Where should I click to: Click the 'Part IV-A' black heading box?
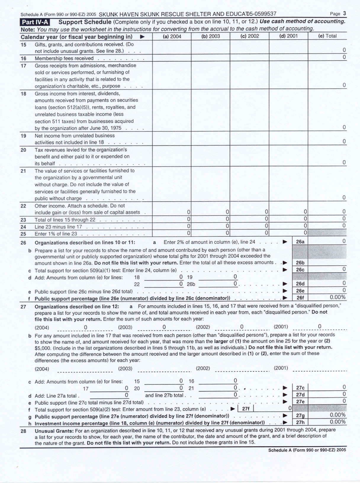[x=35, y=22]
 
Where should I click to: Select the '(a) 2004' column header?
[x=172, y=36]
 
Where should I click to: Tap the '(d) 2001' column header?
[x=288, y=36]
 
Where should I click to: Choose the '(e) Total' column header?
[x=327, y=36]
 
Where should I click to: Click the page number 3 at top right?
[x=345, y=13]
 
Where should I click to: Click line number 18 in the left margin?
[x=23, y=94]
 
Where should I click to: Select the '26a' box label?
[x=300, y=242]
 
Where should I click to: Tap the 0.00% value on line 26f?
[x=337, y=297]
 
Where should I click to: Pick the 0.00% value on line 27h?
[x=337, y=422]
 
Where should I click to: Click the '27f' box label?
[x=246, y=409]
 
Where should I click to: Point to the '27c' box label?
[x=300, y=388]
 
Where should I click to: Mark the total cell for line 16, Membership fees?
[x=327, y=57]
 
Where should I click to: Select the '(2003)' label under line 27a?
[x=125, y=327]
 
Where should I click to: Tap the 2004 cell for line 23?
[x=172, y=219]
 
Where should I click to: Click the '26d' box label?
[x=300, y=284]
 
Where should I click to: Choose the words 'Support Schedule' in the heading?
[x=85, y=22]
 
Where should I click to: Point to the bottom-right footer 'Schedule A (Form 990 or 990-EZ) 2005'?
[x=307, y=450]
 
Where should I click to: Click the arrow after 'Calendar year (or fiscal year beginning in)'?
[x=142, y=37]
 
